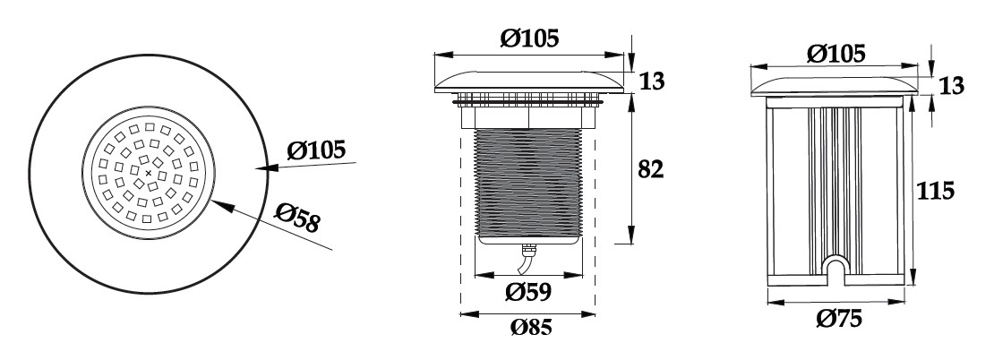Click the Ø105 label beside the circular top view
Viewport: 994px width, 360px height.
coord(316,150)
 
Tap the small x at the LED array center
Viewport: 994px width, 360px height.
coord(149,173)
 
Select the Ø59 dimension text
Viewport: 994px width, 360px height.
coord(528,292)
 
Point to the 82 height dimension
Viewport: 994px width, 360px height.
coord(650,169)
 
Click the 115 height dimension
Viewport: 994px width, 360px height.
coord(935,190)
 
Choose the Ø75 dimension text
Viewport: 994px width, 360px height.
coord(839,318)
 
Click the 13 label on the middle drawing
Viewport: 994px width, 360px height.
coord(652,81)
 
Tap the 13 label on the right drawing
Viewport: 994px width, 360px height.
coord(950,86)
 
